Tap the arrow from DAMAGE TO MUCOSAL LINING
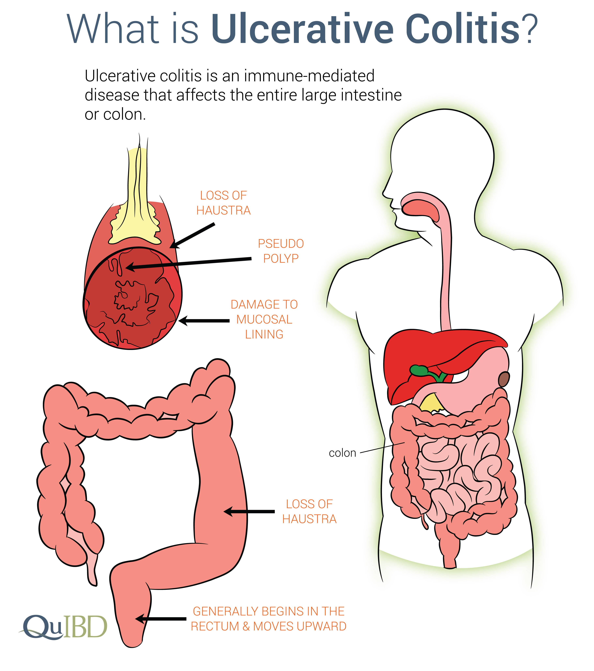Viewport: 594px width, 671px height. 204,321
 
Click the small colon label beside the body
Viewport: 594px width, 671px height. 342,453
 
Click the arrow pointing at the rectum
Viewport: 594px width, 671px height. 161,619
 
